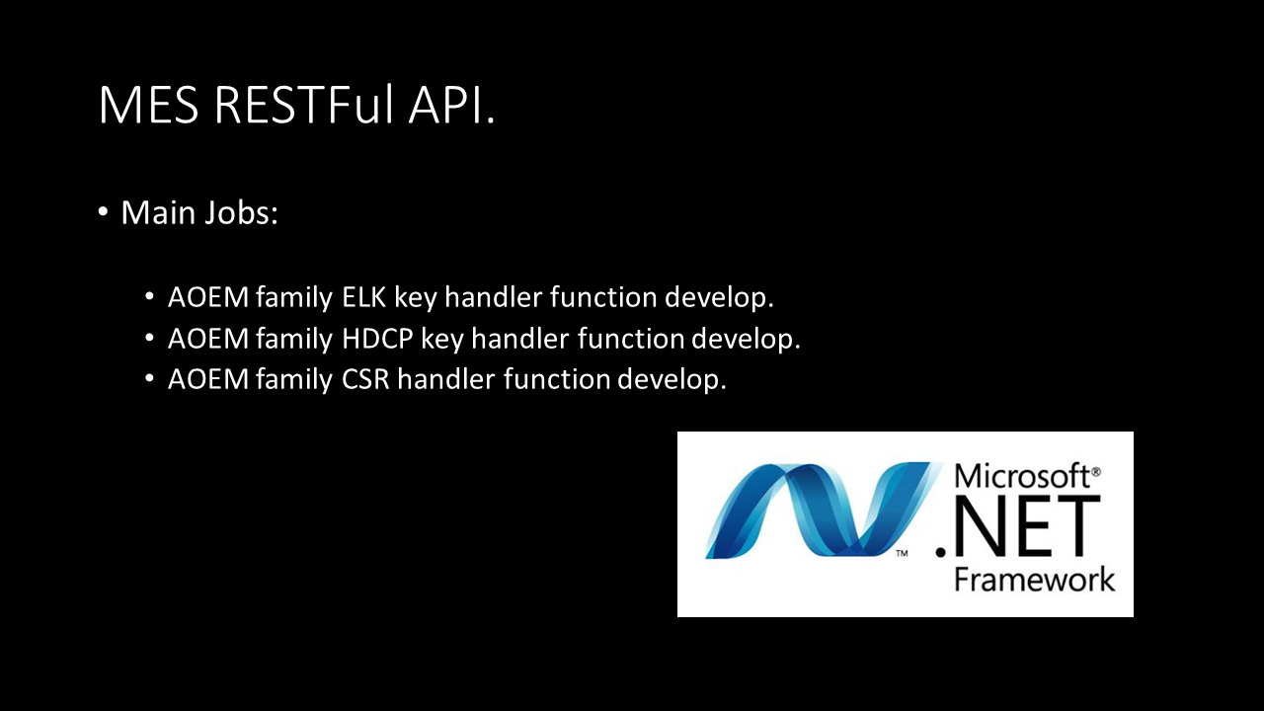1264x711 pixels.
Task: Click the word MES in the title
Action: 149,105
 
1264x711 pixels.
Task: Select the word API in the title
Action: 446,105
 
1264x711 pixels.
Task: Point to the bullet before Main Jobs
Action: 103,212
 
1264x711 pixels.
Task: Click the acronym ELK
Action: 364,297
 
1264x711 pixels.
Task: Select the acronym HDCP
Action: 377,339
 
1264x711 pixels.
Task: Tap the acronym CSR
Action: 365,379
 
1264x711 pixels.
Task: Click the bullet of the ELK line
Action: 149,296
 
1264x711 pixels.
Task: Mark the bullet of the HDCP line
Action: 149,338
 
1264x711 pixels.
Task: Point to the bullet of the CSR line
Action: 149,378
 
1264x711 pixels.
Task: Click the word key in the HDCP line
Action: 442,340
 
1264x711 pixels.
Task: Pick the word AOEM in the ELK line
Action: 208,297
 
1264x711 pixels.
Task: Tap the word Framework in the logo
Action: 1034,579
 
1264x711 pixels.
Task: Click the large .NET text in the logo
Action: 1018,526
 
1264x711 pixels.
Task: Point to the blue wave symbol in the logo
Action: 821,511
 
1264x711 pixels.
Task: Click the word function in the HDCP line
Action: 630,339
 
